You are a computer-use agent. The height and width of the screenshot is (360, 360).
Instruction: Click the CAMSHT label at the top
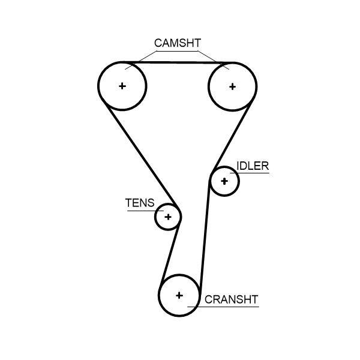point(177,43)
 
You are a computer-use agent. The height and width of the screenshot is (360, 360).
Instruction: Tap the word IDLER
point(253,166)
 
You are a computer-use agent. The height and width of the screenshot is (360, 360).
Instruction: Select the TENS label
point(139,203)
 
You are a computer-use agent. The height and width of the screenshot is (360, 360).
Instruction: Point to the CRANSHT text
point(231,299)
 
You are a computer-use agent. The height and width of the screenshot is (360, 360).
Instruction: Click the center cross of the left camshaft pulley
point(122,86)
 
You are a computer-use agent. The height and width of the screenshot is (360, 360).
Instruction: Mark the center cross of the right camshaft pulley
point(232,86)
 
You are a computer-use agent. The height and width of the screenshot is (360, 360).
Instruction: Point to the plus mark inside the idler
point(224,181)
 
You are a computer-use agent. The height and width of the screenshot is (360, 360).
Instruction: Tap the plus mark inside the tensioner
point(168,217)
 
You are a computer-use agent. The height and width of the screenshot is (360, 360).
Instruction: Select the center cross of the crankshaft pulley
point(179,295)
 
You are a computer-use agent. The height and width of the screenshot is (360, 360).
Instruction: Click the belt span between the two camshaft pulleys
point(178,62)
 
